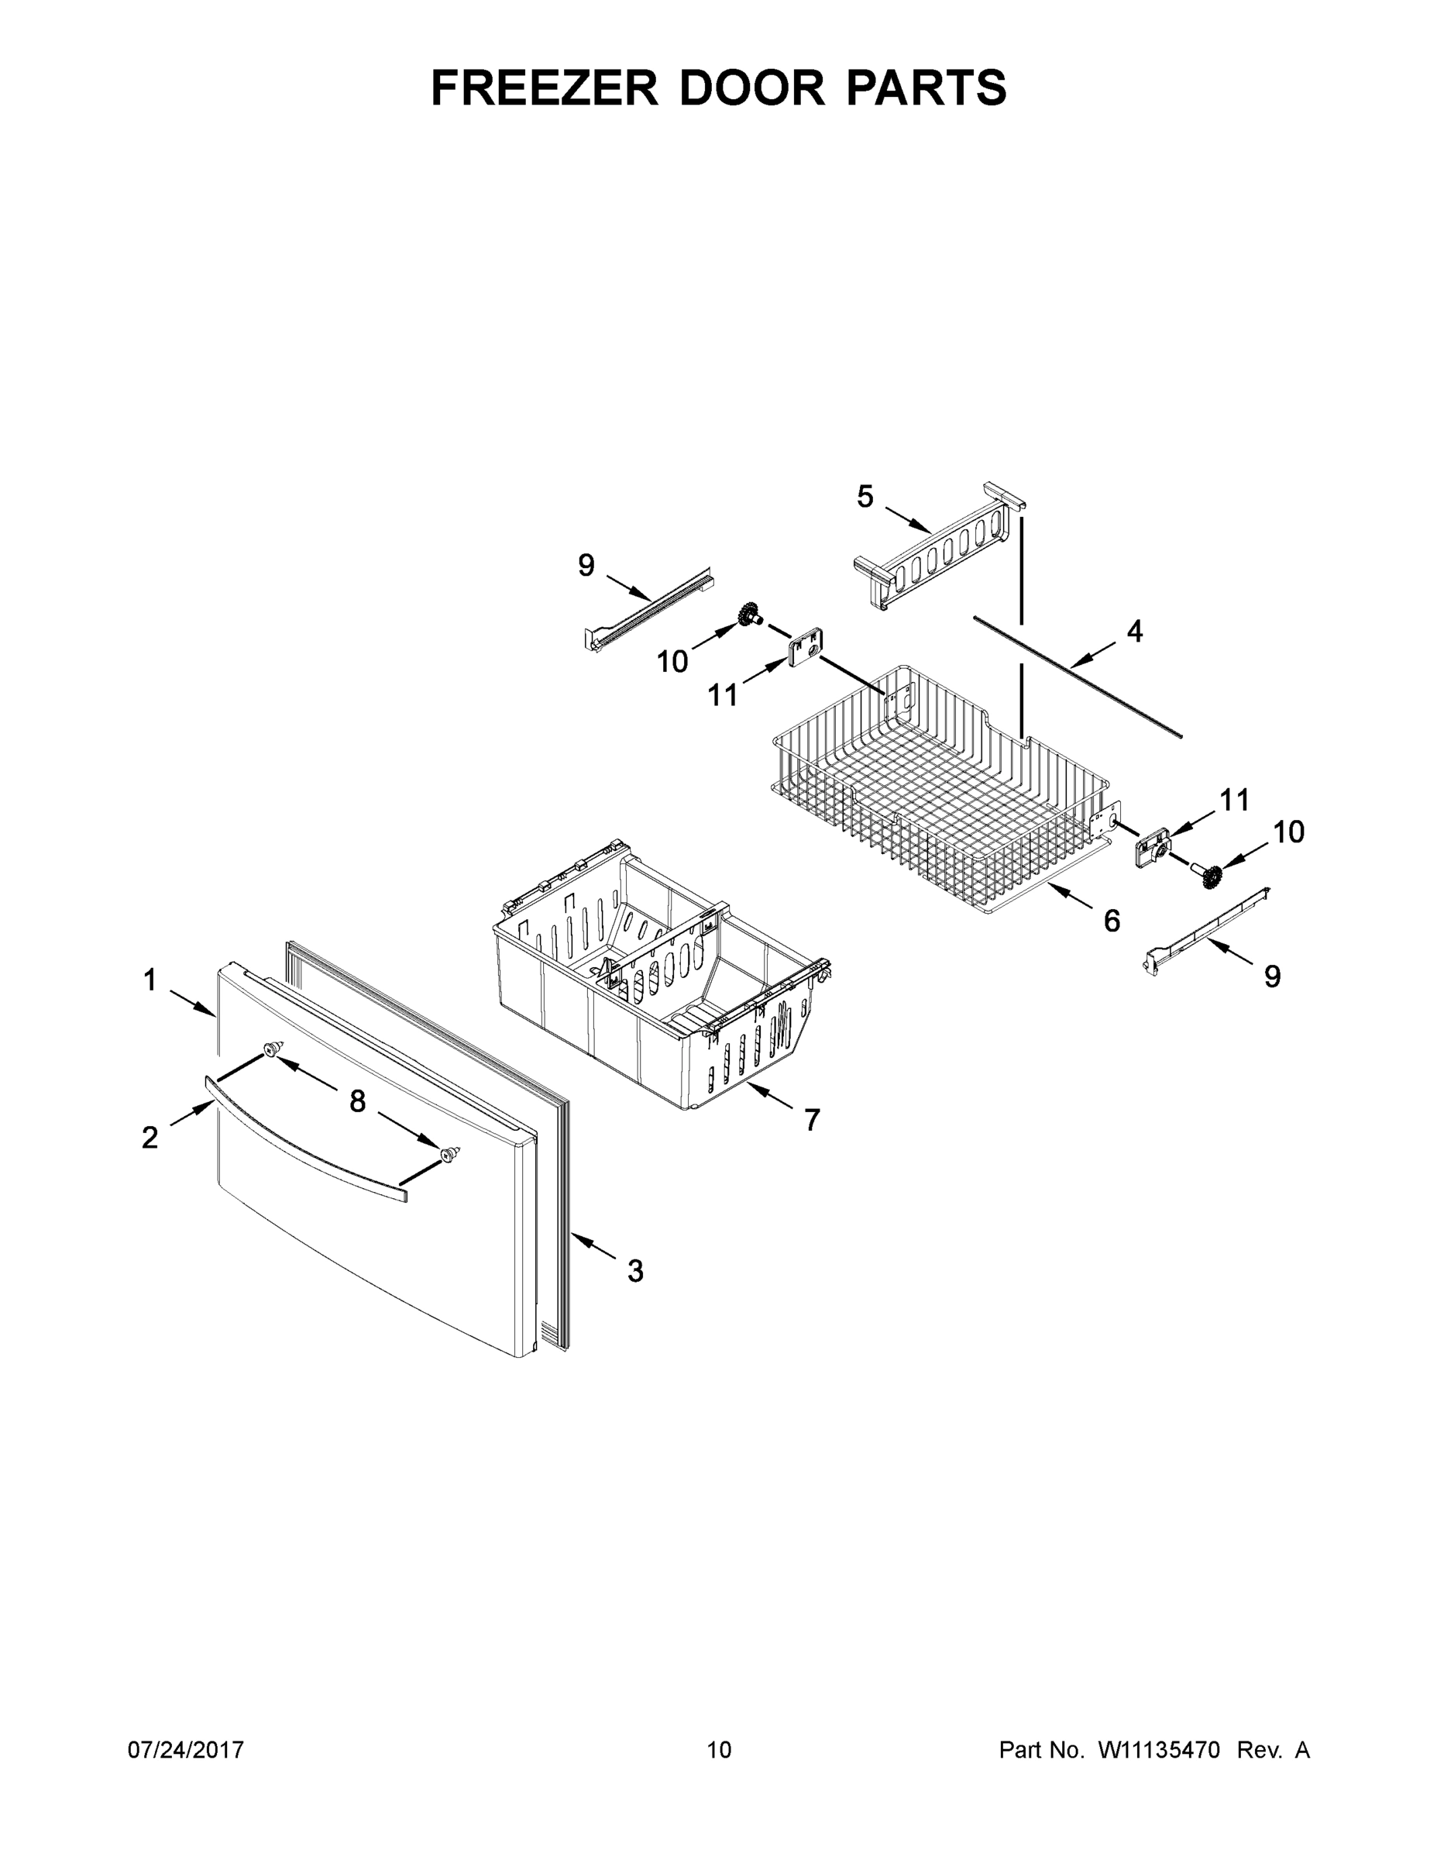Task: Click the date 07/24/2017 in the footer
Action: coord(186,1749)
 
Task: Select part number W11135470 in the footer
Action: coord(1159,1749)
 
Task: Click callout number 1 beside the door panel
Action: coord(150,980)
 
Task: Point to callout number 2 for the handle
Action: coord(150,1137)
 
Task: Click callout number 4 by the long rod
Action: coord(1134,631)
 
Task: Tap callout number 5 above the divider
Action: coord(865,497)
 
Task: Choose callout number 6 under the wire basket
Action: coord(1112,920)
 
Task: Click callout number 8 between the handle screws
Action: coord(358,1101)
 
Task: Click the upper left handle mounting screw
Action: coord(273,1049)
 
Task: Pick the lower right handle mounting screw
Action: coord(449,1153)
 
